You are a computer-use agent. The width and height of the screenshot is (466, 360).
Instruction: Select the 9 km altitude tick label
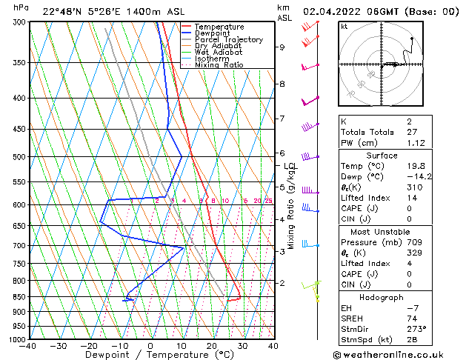(282, 47)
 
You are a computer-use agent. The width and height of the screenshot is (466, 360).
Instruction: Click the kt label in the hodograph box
(344, 26)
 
